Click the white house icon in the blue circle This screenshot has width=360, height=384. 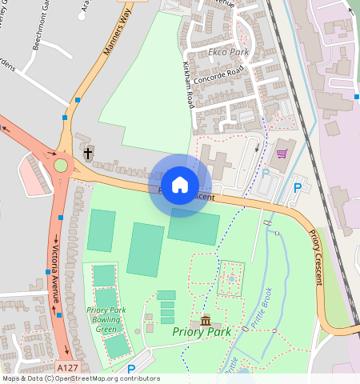[x=180, y=185]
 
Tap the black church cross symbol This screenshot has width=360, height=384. [x=87, y=152]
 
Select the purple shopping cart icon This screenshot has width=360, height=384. [x=282, y=153]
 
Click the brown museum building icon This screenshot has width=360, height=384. [x=206, y=321]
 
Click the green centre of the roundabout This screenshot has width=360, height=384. [x=61, y=166]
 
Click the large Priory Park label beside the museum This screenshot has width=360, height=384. [x=201, y=331]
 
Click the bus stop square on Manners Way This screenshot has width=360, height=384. [x=77, y=99]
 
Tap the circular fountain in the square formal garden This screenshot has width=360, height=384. [x=232, y=279]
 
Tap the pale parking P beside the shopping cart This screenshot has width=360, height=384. [x=266, y=172]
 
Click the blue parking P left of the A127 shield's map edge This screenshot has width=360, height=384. [x=131, y=369]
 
